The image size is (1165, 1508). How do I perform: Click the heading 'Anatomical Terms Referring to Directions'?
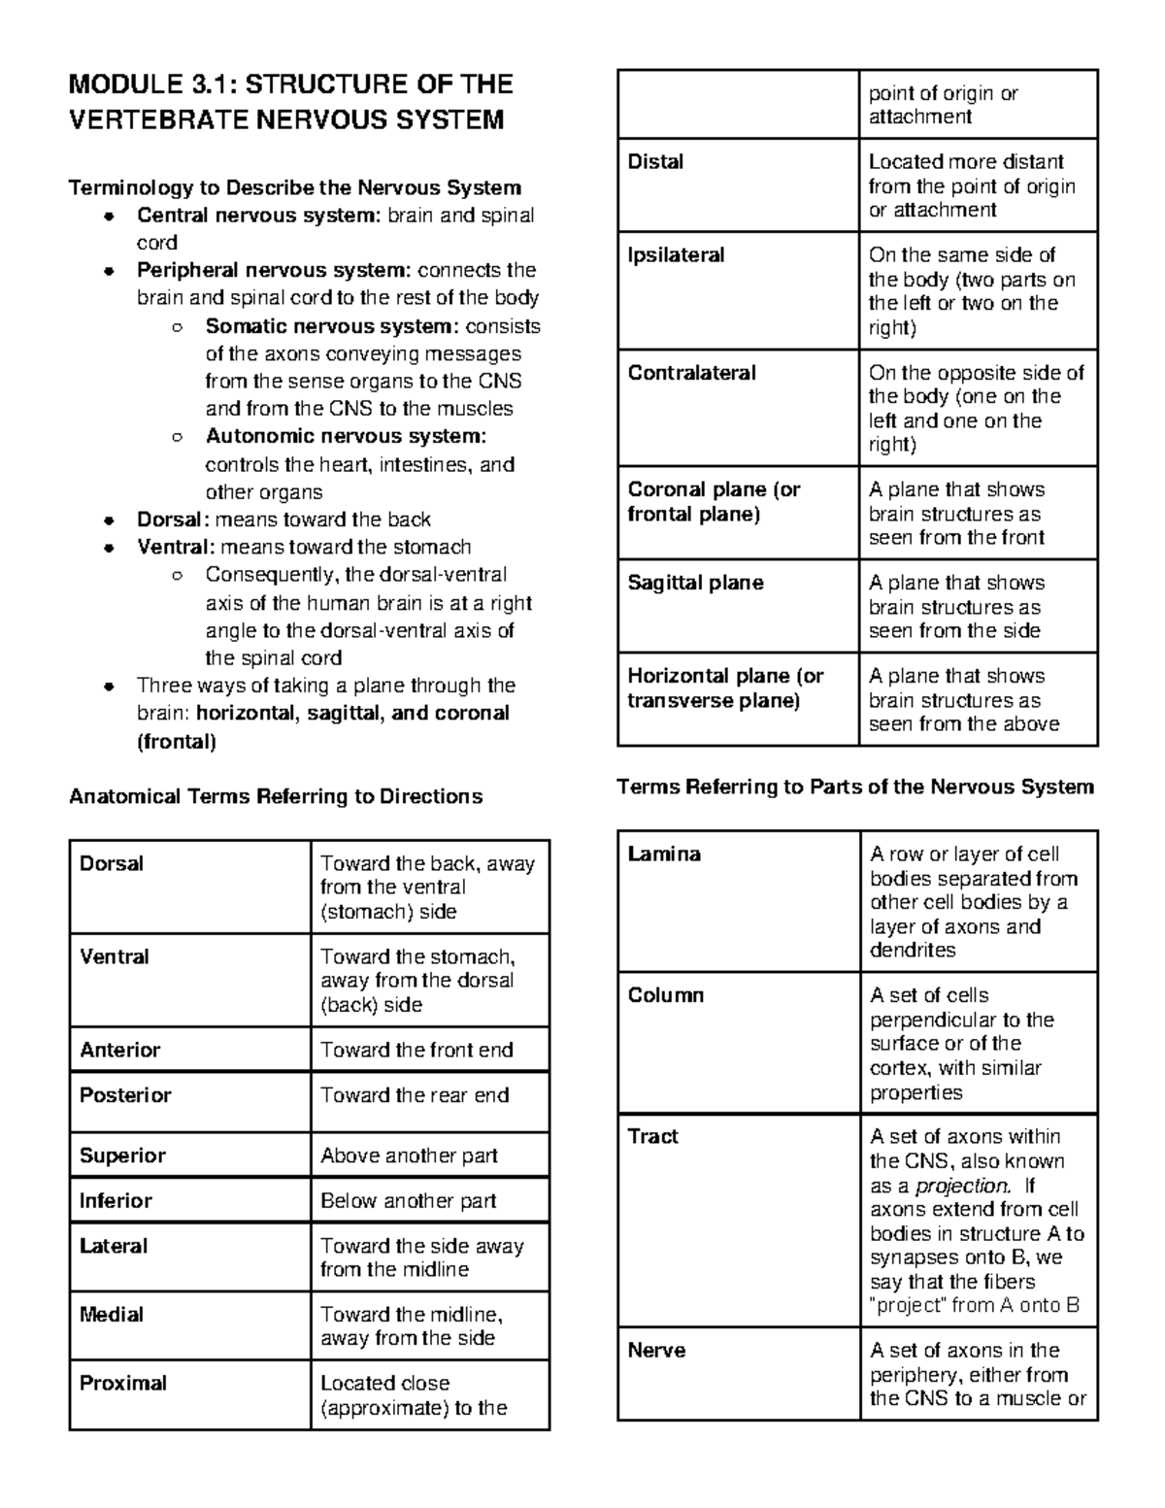276,797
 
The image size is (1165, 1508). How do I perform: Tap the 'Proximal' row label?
123,1383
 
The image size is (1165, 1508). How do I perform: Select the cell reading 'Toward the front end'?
416,1050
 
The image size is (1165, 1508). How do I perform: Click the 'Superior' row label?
122,1156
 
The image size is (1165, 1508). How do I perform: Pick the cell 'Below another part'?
409,1201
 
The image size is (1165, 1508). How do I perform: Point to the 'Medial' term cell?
112,1314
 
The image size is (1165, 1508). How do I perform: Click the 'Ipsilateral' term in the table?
676,255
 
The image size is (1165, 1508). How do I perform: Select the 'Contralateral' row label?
691,373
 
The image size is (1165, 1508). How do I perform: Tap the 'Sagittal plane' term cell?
695,583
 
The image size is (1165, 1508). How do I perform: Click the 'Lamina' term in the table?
664,855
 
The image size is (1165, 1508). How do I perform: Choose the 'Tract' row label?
653,1136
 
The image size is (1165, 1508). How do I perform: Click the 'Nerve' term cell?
656,1351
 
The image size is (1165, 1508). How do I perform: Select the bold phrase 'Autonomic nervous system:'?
346,436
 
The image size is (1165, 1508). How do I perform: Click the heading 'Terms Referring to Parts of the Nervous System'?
855,787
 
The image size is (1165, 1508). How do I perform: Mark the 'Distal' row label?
655,162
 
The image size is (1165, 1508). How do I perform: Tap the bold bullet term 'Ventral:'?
176,547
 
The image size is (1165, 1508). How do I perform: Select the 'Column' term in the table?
665,995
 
